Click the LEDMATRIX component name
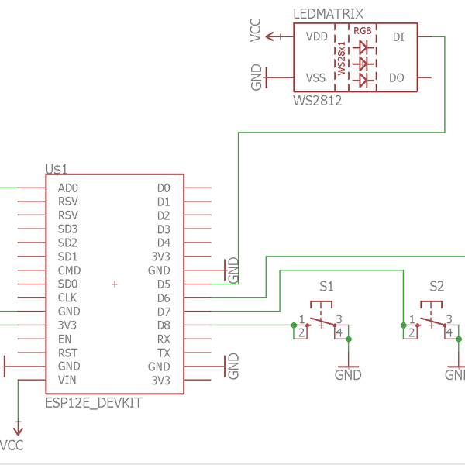click(329, 15)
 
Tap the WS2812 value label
click(317, 100)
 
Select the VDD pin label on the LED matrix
click(316, 36)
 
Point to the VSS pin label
click(316, 77)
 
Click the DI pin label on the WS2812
click(398, 36)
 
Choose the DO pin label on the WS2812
click(396, 77)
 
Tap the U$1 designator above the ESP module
click(57, 168)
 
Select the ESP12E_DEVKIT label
click(94, 404)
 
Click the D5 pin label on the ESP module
click(163, 284)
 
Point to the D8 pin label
click(163, 325)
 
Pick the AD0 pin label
click(67, 188)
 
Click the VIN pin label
click(67, 381)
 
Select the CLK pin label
click(67, 298)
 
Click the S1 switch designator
click(326, 286)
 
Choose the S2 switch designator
click(436, 286)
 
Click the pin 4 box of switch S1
click(339, 332)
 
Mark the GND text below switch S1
click(348, 374)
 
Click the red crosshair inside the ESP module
click(115, 284)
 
